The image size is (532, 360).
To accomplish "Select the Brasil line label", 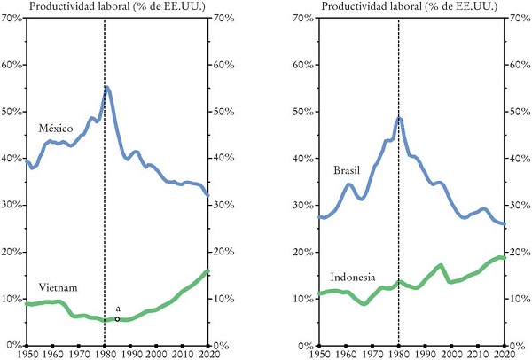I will [x=346, y=170].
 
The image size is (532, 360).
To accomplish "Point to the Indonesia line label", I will [x=353, y=277].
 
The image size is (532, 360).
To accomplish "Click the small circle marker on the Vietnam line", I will [x=117, y=318].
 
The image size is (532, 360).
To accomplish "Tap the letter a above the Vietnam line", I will [x=118, y=308].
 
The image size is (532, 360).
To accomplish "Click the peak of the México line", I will [x=107, y=87].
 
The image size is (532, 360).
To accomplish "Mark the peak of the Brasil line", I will [x=399, y=118].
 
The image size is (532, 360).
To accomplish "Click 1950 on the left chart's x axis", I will [x=28, y=354].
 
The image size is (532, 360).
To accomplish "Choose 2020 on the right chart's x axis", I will [x=504, y=354].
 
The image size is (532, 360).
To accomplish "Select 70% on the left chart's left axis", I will [x=12, y=19].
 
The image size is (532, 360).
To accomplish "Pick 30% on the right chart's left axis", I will [x=305, y=206].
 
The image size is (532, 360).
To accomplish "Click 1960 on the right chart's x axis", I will [x=346, y=354].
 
